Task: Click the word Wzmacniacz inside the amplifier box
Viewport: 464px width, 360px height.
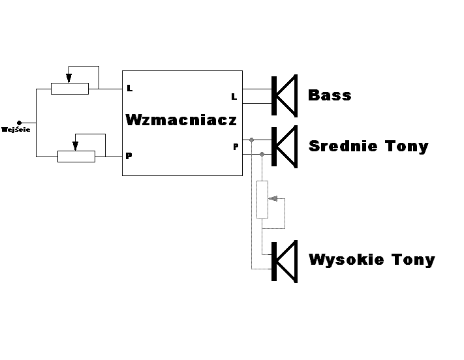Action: coord(181,120)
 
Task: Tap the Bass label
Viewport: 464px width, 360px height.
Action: coord(330,95)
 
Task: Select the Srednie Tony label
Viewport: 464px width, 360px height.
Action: coord(369,147)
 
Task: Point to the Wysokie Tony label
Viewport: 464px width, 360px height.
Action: coord(372,260)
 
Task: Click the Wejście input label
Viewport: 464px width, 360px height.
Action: coord(16,130)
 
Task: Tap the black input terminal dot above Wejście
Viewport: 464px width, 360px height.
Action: coord(19,123)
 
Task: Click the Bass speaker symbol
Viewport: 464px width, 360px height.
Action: coord(285,96)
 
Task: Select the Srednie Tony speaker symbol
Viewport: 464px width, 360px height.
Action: coord(285,147)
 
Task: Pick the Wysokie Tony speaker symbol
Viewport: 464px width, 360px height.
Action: coord(285,262)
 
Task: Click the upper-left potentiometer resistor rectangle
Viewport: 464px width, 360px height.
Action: coord(70,89)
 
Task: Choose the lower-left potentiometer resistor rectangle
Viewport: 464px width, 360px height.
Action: coord(76,157)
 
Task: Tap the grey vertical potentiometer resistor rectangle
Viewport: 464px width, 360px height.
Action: coord(262,200)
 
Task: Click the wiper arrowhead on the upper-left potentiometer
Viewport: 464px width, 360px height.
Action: coord(69,78)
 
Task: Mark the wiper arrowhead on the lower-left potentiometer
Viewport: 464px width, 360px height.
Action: coord(76,146)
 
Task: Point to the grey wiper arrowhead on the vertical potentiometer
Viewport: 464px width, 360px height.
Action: coord(273,198)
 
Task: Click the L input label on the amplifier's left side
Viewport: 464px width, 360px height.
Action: coord(130,88)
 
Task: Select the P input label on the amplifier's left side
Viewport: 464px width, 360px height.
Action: coord(129,156)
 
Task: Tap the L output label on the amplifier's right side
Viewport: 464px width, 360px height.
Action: coord(234,97)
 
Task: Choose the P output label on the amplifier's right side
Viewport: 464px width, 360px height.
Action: coord(236,147)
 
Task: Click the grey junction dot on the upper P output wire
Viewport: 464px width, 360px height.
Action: coord(251,140)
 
